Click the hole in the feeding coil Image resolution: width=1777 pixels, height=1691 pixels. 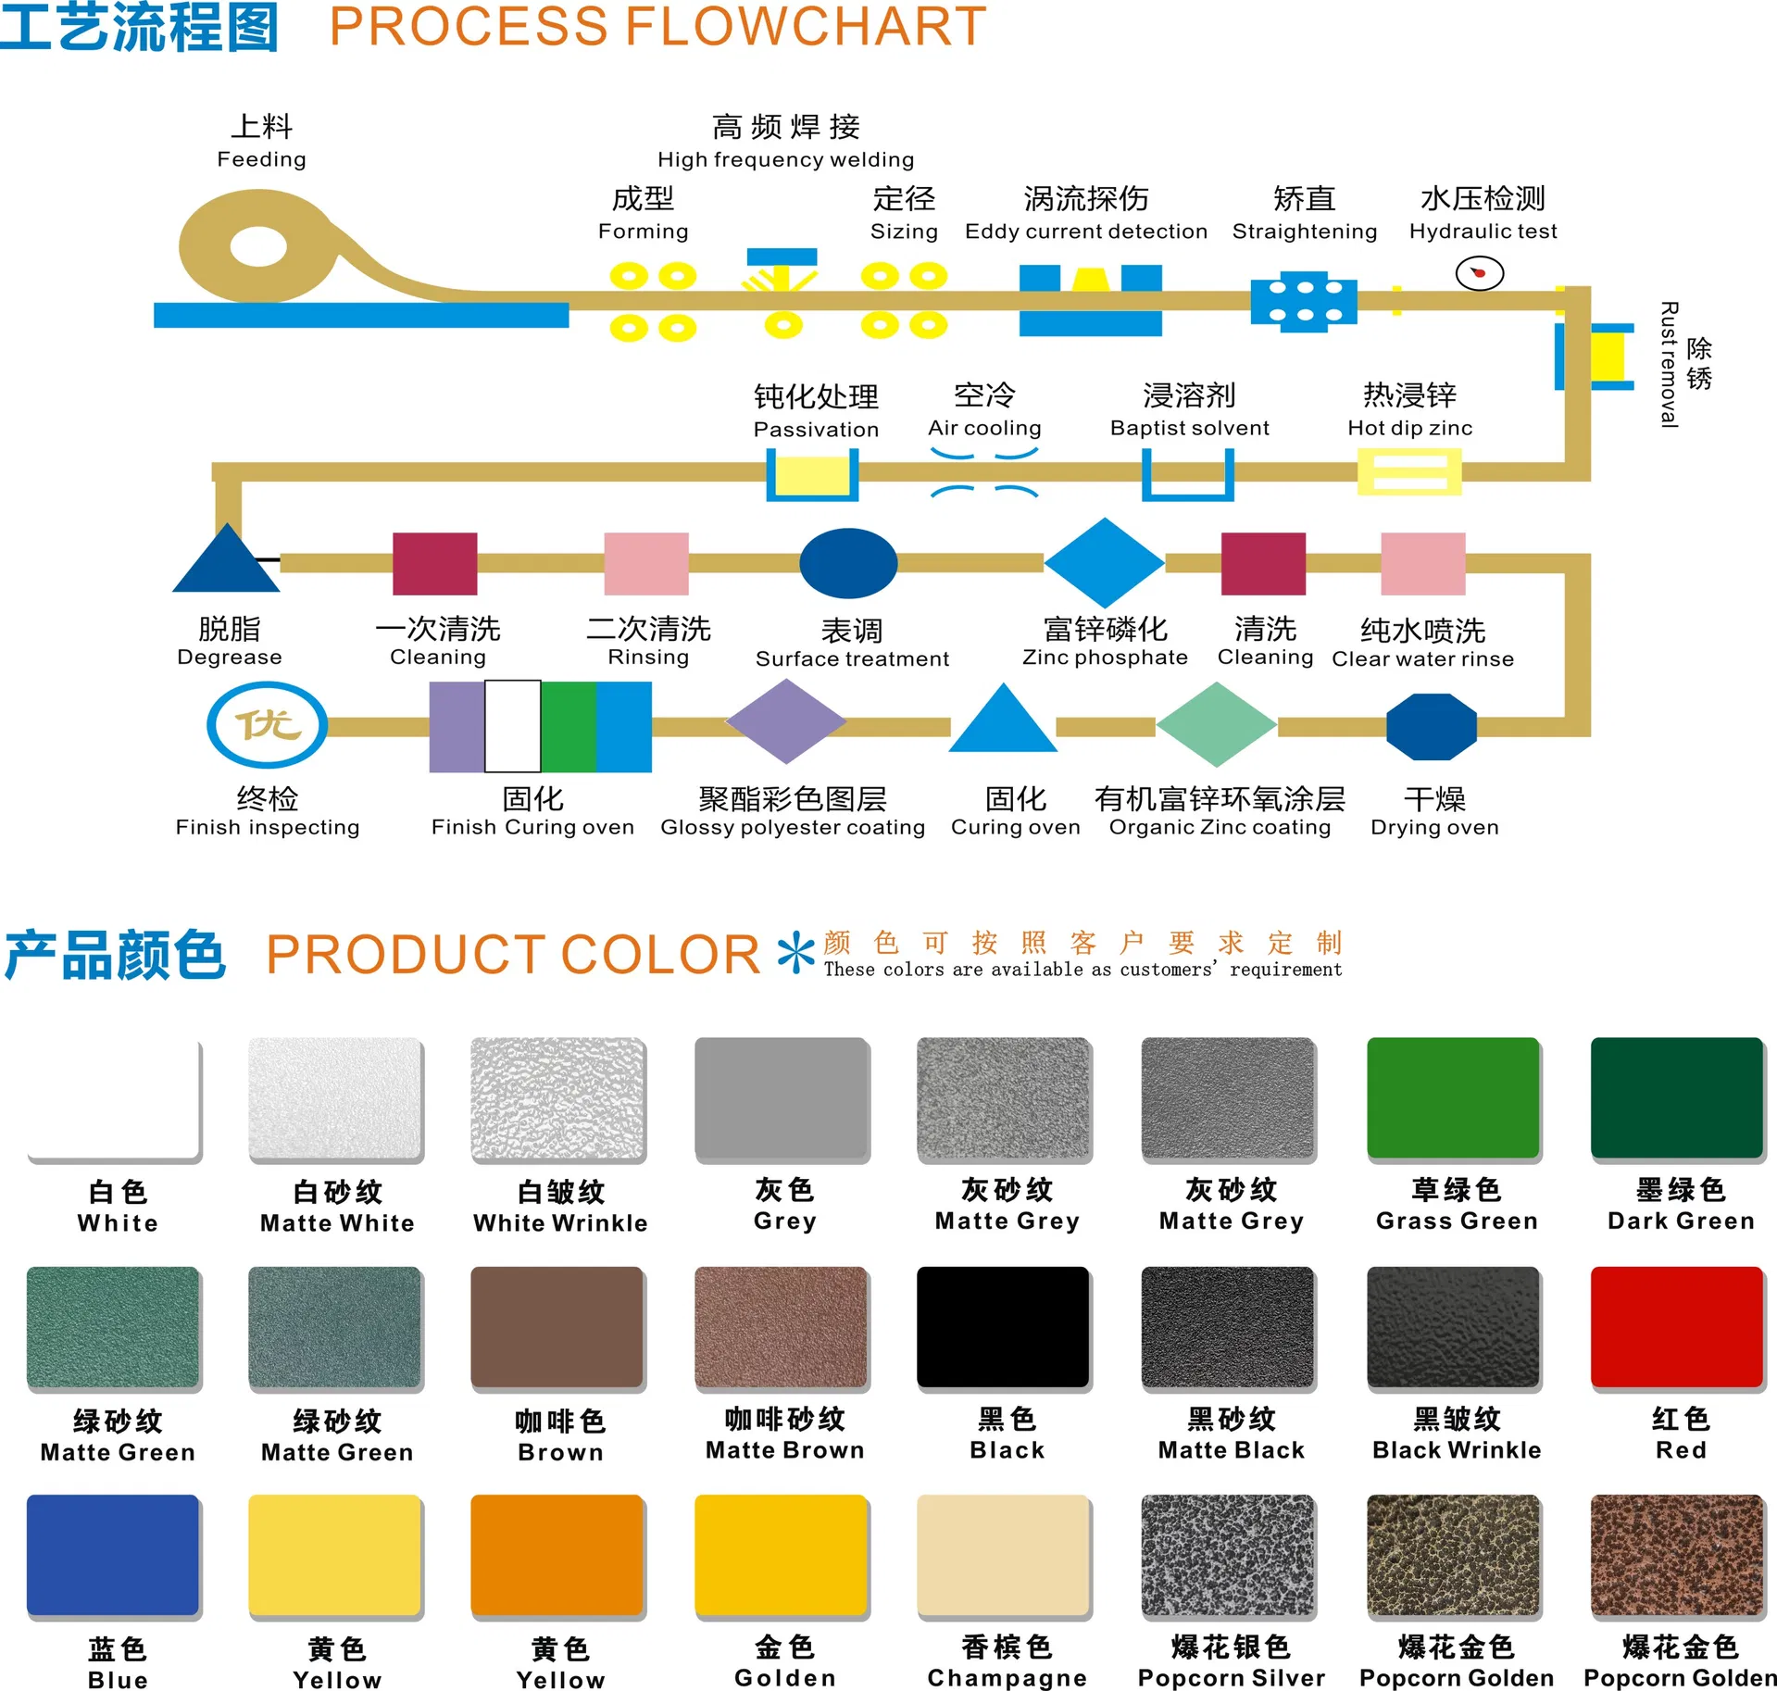[258, 247]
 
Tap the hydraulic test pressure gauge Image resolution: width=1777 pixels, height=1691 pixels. [1479, 273]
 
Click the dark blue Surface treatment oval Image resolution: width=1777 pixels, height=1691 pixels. [848, 563]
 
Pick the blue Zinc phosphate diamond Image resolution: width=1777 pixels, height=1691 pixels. [1104, 562]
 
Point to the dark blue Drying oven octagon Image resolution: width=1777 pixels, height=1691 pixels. [1431, 727]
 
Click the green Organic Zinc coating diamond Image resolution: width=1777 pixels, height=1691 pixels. [1217, 725]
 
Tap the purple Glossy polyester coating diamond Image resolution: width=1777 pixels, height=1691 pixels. [786, 721]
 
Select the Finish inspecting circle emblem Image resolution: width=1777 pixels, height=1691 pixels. [267, 724]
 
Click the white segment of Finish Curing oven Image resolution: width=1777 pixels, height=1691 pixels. [512, 727]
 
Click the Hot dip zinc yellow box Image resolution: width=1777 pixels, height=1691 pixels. [1409, 471]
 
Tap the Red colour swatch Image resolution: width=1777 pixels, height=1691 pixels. [1676, 1326]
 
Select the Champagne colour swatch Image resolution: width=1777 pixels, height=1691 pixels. [1003, 1555]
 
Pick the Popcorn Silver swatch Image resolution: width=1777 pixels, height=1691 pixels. [1228, 1555]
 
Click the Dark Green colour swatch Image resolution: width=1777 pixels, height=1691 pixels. [1676, 1097]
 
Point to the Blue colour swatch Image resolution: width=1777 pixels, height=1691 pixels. [113, 1555]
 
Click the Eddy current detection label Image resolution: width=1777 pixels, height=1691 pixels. [1085, 231]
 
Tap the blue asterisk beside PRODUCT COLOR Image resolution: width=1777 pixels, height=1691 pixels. [795, 954]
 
